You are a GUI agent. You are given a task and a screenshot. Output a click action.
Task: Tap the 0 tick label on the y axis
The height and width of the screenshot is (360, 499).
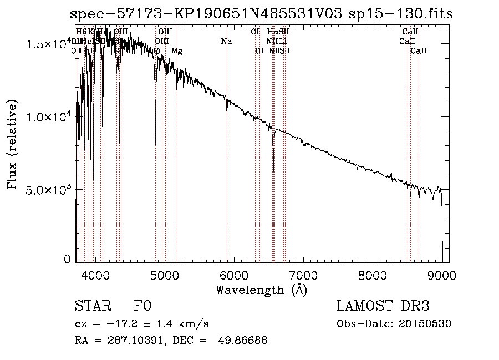pyautogui.click(x=68, y=259)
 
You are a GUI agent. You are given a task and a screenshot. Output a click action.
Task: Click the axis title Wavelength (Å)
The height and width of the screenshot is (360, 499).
pyautogui.click(x=261, y=290)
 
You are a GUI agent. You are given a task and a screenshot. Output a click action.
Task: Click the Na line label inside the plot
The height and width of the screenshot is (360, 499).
pyautogui.click(x=226, y=42)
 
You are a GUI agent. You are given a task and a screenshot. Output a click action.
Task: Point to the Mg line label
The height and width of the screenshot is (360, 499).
pyautogui.click(x=177, y=51)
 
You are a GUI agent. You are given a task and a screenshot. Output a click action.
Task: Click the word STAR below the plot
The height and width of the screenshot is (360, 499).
pyautogui.click(x=93, y=306)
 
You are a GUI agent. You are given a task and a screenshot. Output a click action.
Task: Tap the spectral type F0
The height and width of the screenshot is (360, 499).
pyautogui.click(x=142, y=306)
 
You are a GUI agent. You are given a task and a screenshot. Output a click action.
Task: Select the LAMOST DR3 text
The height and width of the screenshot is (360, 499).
pyautogui.click(x=383, y=306)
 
